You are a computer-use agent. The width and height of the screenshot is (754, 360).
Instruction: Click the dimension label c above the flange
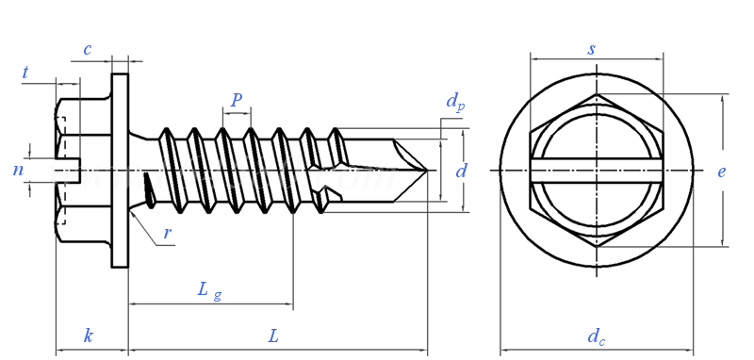[87, 49]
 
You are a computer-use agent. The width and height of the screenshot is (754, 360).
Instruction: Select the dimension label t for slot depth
[25, 73]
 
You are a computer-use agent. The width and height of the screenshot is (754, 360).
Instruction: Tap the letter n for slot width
[18, 171]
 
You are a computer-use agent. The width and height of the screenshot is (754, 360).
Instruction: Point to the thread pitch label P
[237, 100]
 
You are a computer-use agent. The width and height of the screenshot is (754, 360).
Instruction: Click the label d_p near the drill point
[455, 102]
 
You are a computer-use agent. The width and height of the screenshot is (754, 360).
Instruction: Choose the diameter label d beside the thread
[461, 171]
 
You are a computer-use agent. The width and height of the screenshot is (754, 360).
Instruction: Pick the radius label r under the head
[168, 233]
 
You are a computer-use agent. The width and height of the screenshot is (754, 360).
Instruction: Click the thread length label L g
[209, 290]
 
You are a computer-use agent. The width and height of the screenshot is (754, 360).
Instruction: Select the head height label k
[88, 335]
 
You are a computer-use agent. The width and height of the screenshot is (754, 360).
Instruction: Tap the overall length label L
[273, 335]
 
